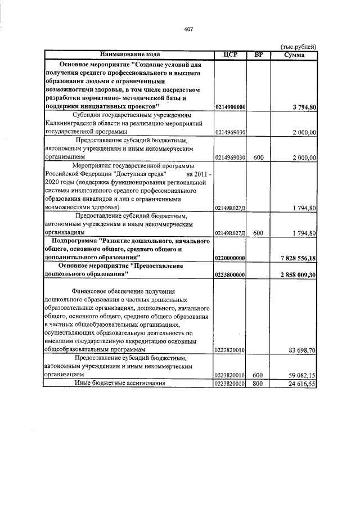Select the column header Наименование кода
tap(130, 55)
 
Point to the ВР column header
tap(258, 55)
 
